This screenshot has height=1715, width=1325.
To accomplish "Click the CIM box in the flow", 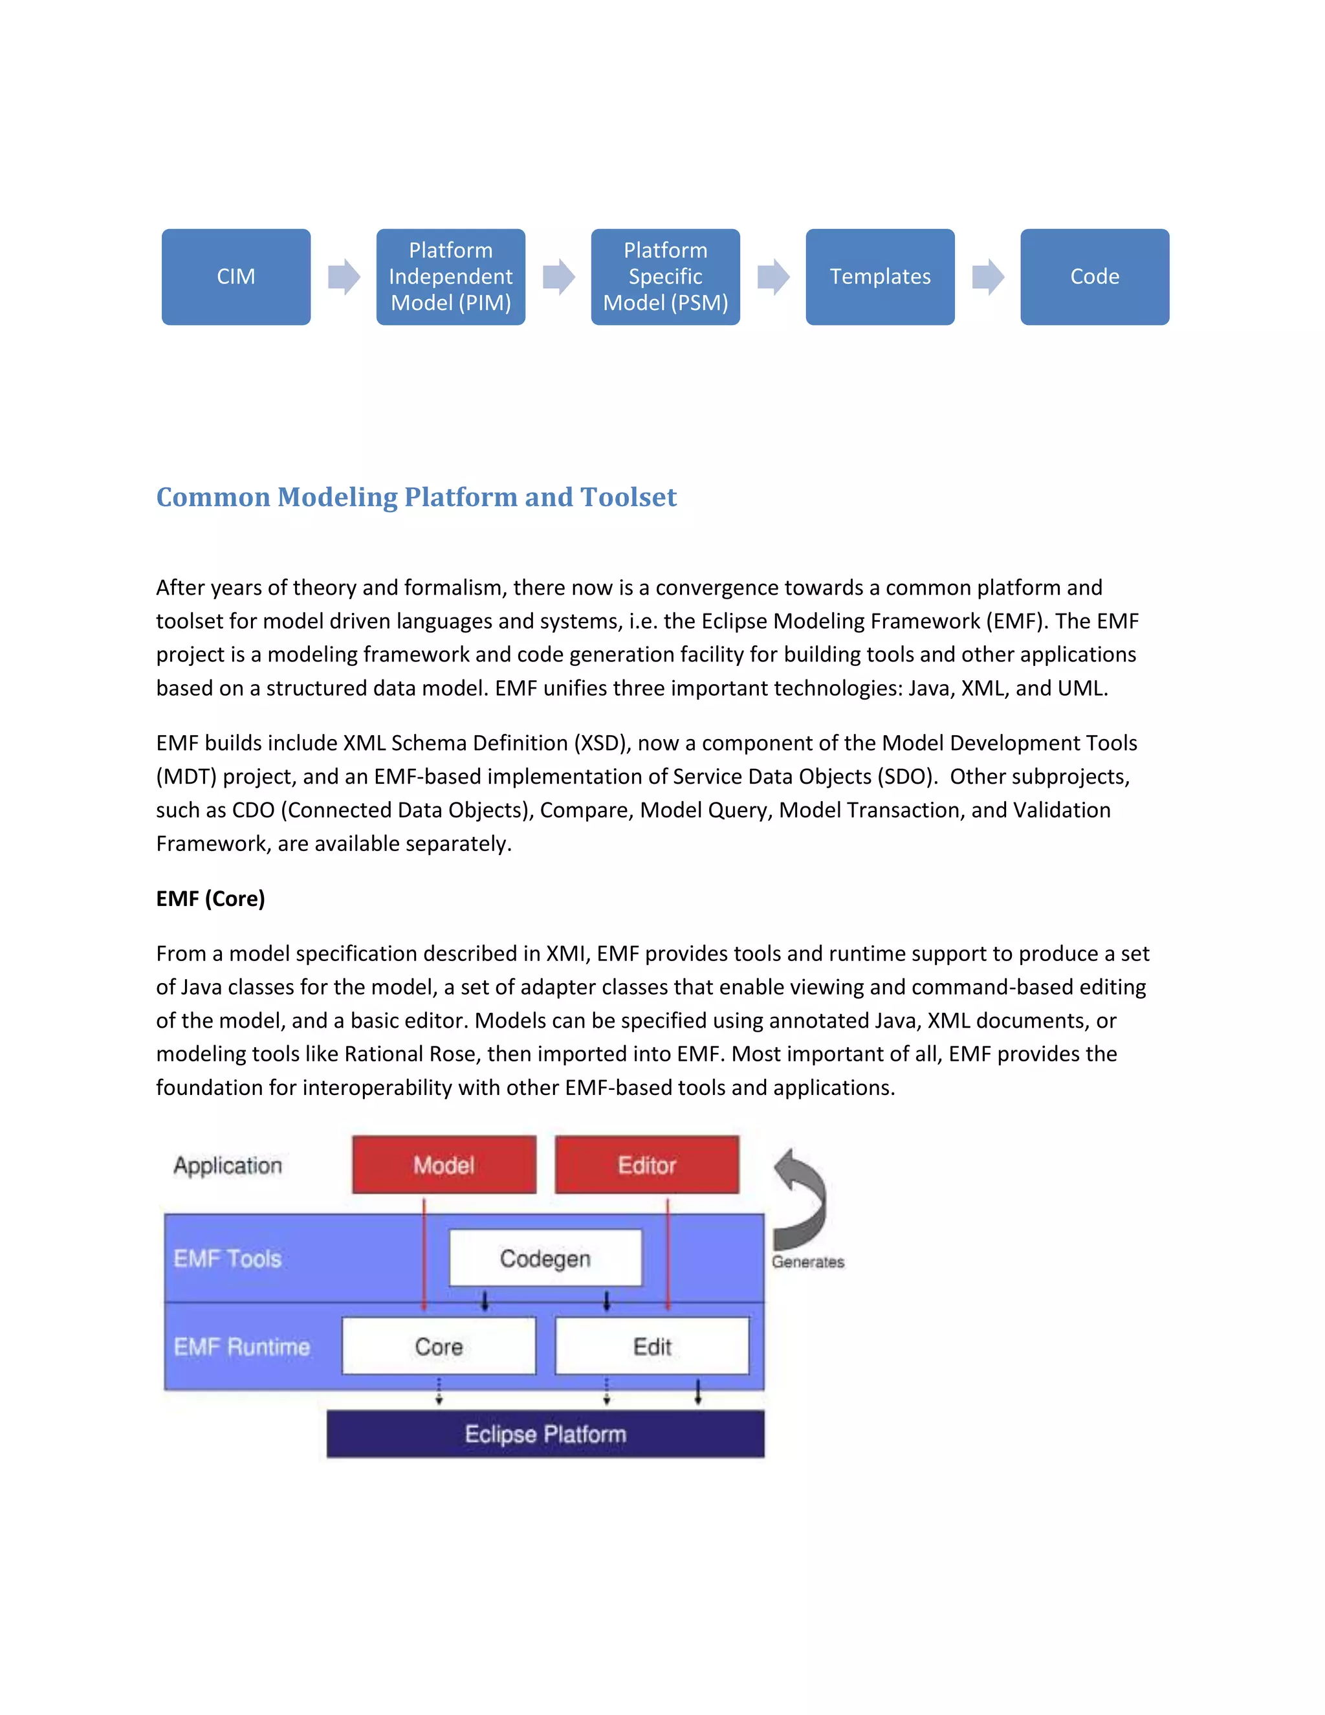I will pyautogui.click(x=235, y=276).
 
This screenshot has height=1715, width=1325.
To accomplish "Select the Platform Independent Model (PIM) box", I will pyautogui.click(x=450, y=276).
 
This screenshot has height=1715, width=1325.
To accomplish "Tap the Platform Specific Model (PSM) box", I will pyautogui.click(x=665, y=276).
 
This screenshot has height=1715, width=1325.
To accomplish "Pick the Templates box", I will pyautogui.click(x=880, y=276).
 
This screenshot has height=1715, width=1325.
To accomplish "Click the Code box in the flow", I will pyautogui.click(x=1094, y=276).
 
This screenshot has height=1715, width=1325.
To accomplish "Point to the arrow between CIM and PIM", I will pyautogui.click(x=344, y=276).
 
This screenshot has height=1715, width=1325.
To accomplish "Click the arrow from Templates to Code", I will pyautogui.click(x=987, y=276).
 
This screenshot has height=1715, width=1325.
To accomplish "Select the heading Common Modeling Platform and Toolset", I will pyautogui.click(x=416, y=497).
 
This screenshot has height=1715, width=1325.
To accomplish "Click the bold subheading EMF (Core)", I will pyautogui.click(x=210, y=898).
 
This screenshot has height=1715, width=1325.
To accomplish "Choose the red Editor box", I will pyautogui.click(x=647, y=1164).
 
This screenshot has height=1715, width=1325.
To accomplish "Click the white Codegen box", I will pyautogui.click(x=545, y=1258).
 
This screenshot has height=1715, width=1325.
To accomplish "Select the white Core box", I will pyautogui.click(x=439, y=1347).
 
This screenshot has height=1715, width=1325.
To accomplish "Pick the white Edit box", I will pyautogui.click(x=652, y=1347).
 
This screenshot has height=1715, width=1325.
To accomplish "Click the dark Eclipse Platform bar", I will pyautogui.click(x=545, y=1434).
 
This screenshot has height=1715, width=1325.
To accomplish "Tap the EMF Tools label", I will pyautogui.click(x=228, y=1259).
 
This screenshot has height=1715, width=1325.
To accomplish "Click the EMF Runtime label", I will pyautogui.click(x=242, y=1347).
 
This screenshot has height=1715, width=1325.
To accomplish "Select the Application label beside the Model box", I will pyautogui.click(x=228, y=1166).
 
